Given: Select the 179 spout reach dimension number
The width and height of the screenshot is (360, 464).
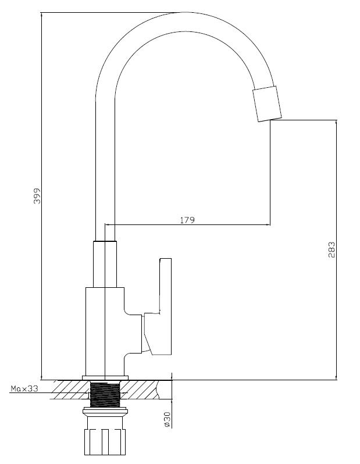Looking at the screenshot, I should tap(187, 220).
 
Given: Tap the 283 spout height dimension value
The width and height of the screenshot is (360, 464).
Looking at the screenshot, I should tap(332, 250).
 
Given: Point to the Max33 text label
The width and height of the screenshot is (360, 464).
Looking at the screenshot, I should tap(24, 389).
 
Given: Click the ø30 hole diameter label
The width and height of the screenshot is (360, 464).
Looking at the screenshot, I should tap(167, 420).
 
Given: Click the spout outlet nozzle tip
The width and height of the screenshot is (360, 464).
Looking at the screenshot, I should tap(266, 105).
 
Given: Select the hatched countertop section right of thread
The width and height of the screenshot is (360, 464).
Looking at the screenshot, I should tap(142, 390).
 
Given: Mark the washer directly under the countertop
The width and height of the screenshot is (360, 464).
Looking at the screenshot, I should tap(105, 410).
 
